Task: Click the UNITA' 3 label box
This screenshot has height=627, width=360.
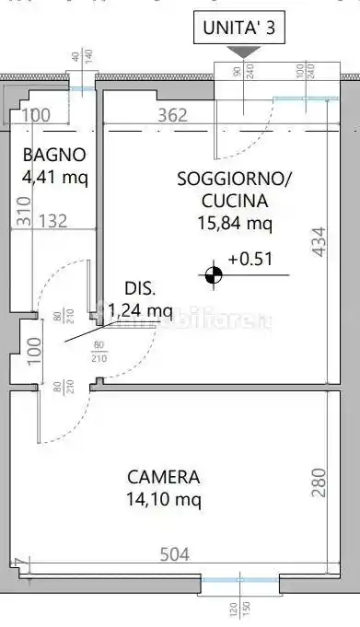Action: click(x=240, y=29)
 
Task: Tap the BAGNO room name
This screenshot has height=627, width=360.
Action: click(x=54, y=155)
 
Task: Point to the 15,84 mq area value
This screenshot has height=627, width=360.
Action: click(x=234, y=222)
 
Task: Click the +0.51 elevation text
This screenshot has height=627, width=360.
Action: click(x=250, y=259)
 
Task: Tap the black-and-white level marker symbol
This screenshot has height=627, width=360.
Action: click(x=214, y=273)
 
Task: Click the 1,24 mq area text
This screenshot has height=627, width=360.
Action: click(x=140, y=310)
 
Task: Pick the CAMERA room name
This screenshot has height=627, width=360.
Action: click(x=164, y=478)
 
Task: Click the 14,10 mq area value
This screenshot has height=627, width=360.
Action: click(x=164, y=500)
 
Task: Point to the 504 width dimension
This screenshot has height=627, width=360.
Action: click(x=174, y=554)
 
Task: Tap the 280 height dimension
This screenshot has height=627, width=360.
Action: click(x=318, y=482)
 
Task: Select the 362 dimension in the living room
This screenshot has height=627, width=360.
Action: click(x=172, y=115)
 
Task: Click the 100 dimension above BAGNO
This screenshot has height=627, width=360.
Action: click(x=36, y=115)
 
